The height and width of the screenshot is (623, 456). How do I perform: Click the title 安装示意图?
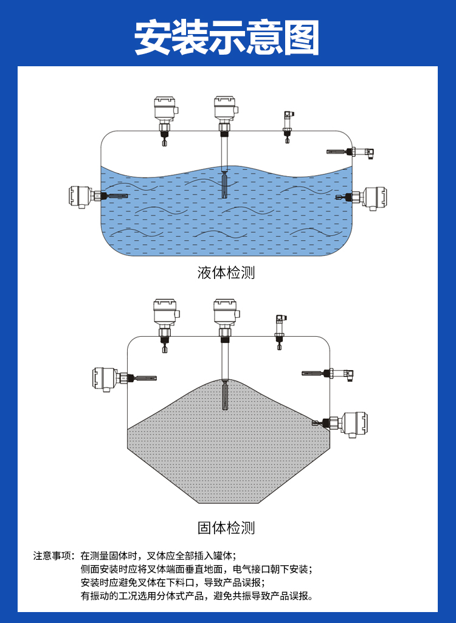227,37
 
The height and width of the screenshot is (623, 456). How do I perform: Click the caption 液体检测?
226,273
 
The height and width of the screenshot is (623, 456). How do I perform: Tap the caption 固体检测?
226,528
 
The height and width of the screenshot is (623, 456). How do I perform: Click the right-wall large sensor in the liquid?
361,198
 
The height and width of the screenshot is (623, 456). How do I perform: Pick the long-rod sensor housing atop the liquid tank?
226,113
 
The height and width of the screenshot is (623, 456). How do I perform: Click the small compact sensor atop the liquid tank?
288,127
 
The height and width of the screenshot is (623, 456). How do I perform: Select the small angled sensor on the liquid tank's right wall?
350,152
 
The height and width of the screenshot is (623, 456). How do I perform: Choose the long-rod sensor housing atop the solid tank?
226,318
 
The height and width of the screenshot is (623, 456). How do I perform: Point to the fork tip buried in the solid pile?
225,394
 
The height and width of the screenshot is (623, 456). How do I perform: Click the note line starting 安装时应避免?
172,582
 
